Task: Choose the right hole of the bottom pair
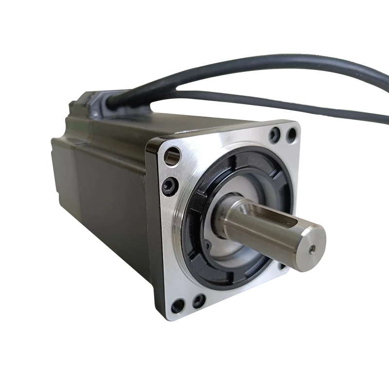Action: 198,301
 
